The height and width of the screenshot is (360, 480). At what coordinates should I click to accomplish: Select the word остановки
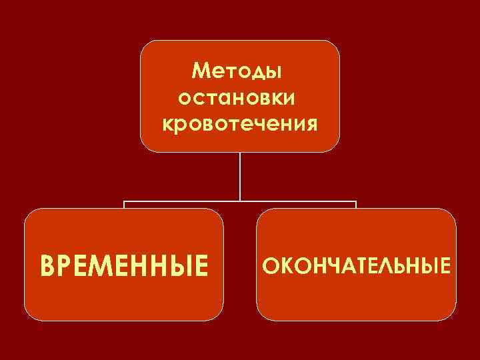(240, 97)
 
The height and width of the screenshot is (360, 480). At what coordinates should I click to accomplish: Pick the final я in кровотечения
(310, 125)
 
